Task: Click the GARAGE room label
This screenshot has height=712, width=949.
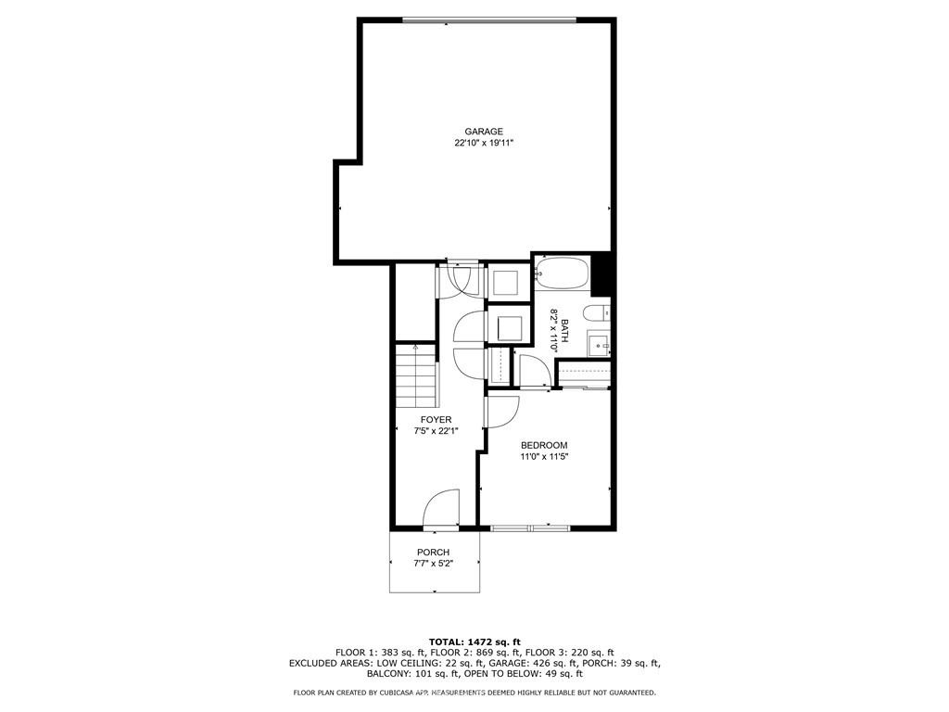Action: click(484, 132)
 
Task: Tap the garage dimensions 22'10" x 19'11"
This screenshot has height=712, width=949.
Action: click(484, 144)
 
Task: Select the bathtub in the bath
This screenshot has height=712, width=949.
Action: click(562, 275)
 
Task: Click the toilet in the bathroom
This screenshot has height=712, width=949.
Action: click(599, 312)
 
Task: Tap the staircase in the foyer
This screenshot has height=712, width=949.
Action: click(416, 375)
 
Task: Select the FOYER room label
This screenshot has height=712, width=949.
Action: click(436, 420)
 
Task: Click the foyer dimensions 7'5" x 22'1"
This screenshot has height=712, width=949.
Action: click(436, 431)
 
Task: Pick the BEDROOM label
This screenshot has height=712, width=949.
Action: click(544, 445)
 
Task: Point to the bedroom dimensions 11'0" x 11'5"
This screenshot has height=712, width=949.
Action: click(544, 456)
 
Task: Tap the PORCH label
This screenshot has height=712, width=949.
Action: click(433, 553)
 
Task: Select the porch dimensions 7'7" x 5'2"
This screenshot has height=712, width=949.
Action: click(433, 564)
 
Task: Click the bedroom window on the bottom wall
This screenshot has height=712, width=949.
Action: click(530, 528)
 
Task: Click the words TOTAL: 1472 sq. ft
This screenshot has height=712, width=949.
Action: click(474, 642)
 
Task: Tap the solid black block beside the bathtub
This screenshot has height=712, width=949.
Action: click(602, 272)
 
